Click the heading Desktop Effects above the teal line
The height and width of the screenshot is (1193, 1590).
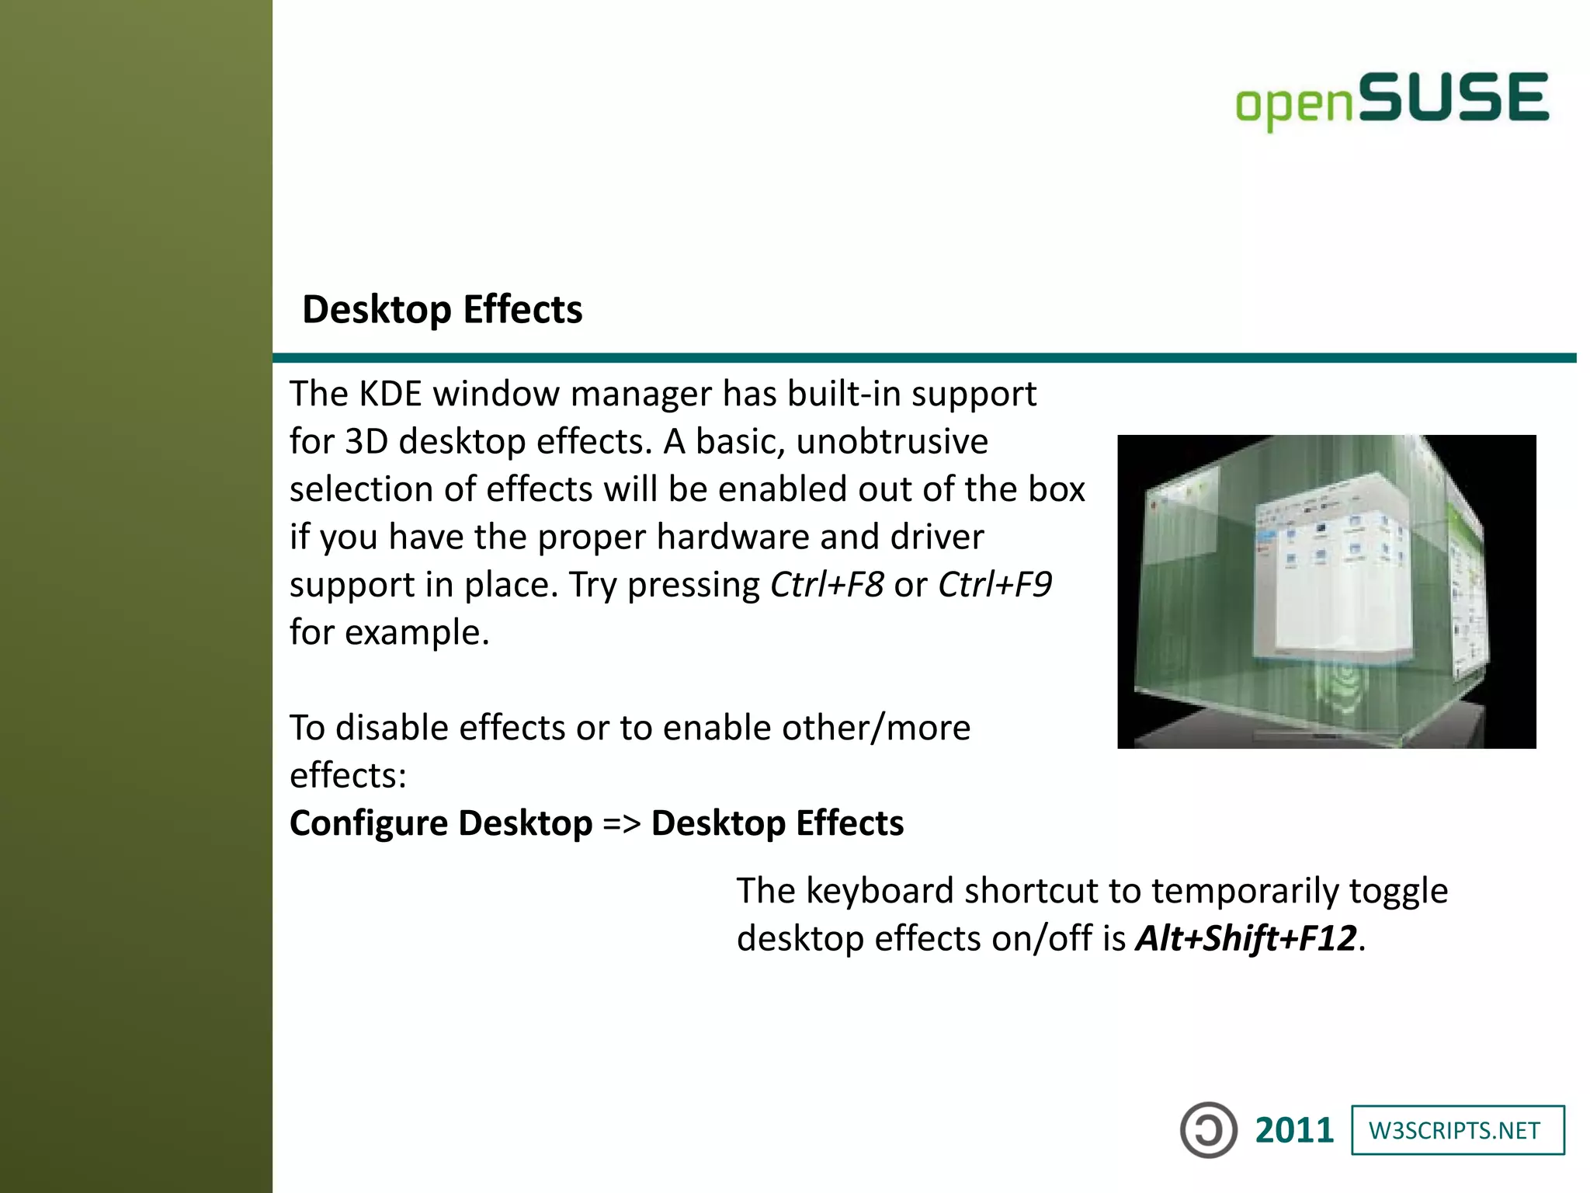(442, 309)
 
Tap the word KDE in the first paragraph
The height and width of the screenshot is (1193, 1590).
(391, 394)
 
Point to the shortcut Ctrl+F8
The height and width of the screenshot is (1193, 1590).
(826, 585)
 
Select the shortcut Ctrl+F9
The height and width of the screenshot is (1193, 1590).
(995, 585)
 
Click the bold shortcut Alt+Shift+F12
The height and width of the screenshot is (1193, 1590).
(1245, 938)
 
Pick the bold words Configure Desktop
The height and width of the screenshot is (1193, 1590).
(441, 823)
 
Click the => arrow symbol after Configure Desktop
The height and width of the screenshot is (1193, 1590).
(621, 823)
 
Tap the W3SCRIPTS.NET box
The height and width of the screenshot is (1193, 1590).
(1457, 1130)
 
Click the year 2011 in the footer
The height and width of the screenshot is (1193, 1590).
(1293, 1130)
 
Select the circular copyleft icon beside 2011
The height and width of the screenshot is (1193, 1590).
(1208, 1130)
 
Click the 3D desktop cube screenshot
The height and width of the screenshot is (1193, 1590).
(1326, 592)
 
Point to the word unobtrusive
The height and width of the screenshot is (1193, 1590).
(892, 442)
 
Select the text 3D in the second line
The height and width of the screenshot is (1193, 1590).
(366, 442)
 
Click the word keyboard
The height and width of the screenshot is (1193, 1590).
(880, 891)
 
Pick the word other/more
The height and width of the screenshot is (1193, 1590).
(876, 729)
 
